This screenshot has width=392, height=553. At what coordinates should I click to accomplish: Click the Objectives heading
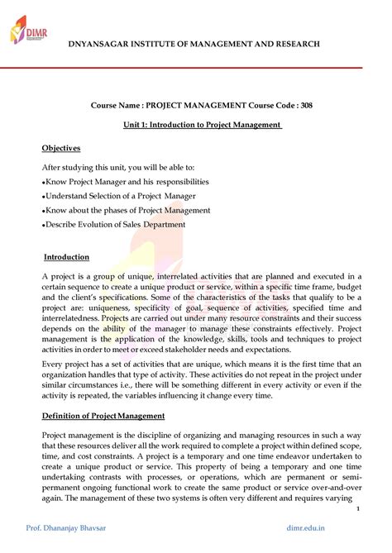click(x=61, y=148)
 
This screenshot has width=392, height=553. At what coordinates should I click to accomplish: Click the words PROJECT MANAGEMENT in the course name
click(x=191, y=106)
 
